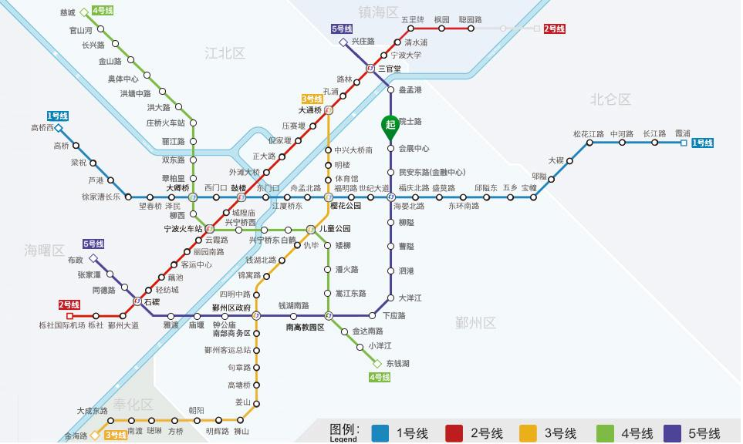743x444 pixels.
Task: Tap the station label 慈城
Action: [x=68, y=13]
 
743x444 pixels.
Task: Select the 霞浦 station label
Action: [x=683, y=133]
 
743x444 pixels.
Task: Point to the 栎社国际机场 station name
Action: [x=61, y=325]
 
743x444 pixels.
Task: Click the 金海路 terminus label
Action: [x=76, y=436]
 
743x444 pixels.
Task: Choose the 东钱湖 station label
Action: [x=398, y=363]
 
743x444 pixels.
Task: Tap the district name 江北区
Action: [x=225, y=53]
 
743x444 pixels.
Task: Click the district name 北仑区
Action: [x=610, y=99]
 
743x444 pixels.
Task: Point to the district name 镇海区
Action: [x=378, y=12]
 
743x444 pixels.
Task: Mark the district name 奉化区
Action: [x=133, y=405]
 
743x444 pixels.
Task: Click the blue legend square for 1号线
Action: [x=379, y=432]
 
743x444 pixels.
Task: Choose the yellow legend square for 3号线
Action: [x=528, y=432]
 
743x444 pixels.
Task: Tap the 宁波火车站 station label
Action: [x=183, y=229]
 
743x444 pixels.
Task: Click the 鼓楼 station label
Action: [x=238, y=187]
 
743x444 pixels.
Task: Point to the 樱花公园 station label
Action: [x=346, y=206]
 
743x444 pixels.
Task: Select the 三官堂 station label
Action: [x=389, y=69]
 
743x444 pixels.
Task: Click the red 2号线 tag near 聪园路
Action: [x=554, y=29]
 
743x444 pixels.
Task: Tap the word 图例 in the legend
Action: [x=343, y=429]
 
